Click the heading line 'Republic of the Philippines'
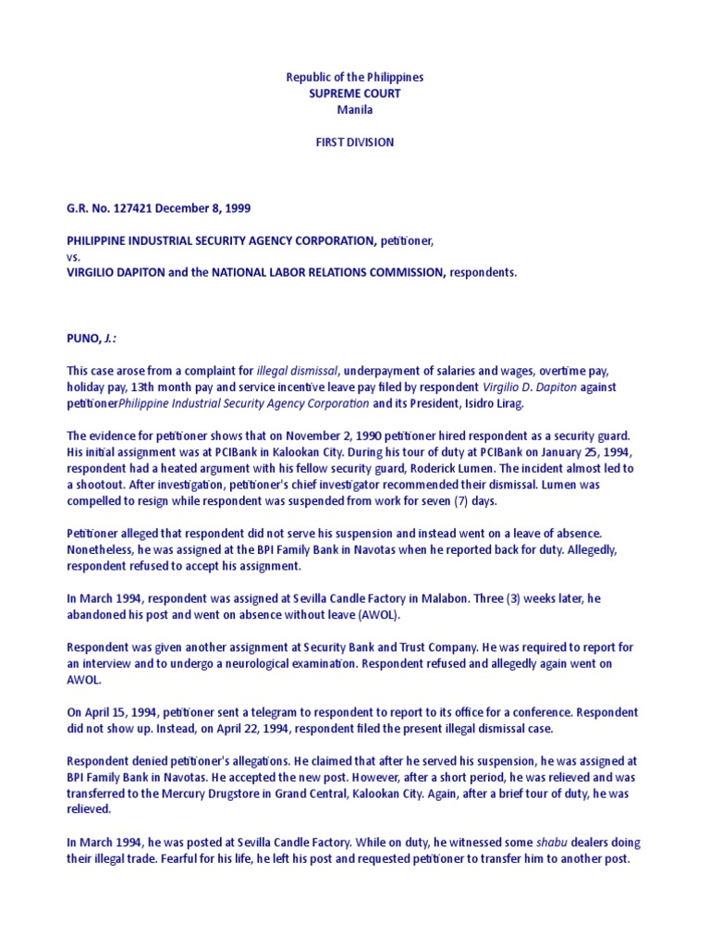pos(355,78)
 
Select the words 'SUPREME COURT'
pos(355,93)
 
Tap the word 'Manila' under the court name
pos(355,110)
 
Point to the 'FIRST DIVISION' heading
pos(355,142)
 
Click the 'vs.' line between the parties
pos(74,257)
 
